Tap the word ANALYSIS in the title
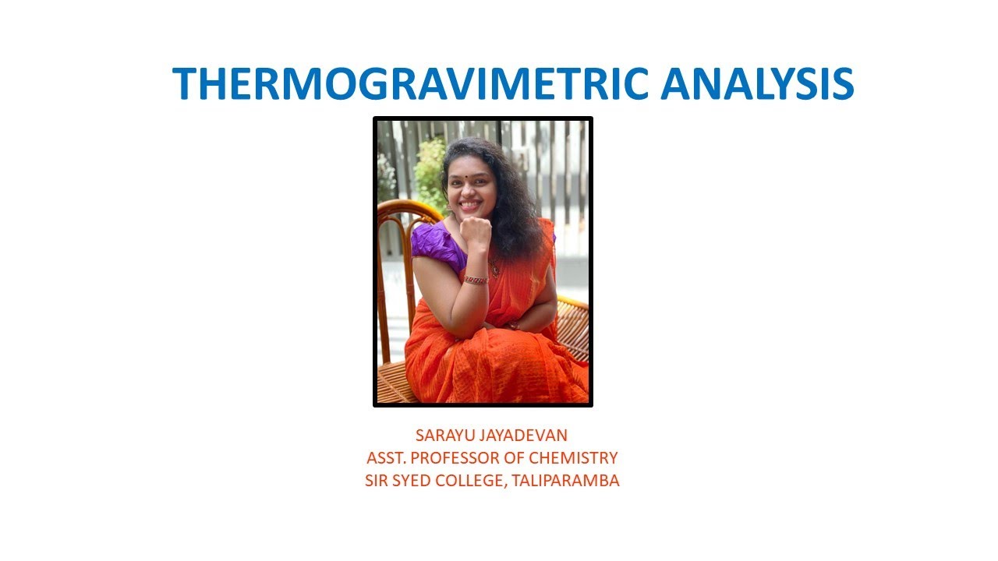(x=757, y=83)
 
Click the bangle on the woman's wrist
(x=476, y=279)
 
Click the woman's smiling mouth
(x=469, y=204)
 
